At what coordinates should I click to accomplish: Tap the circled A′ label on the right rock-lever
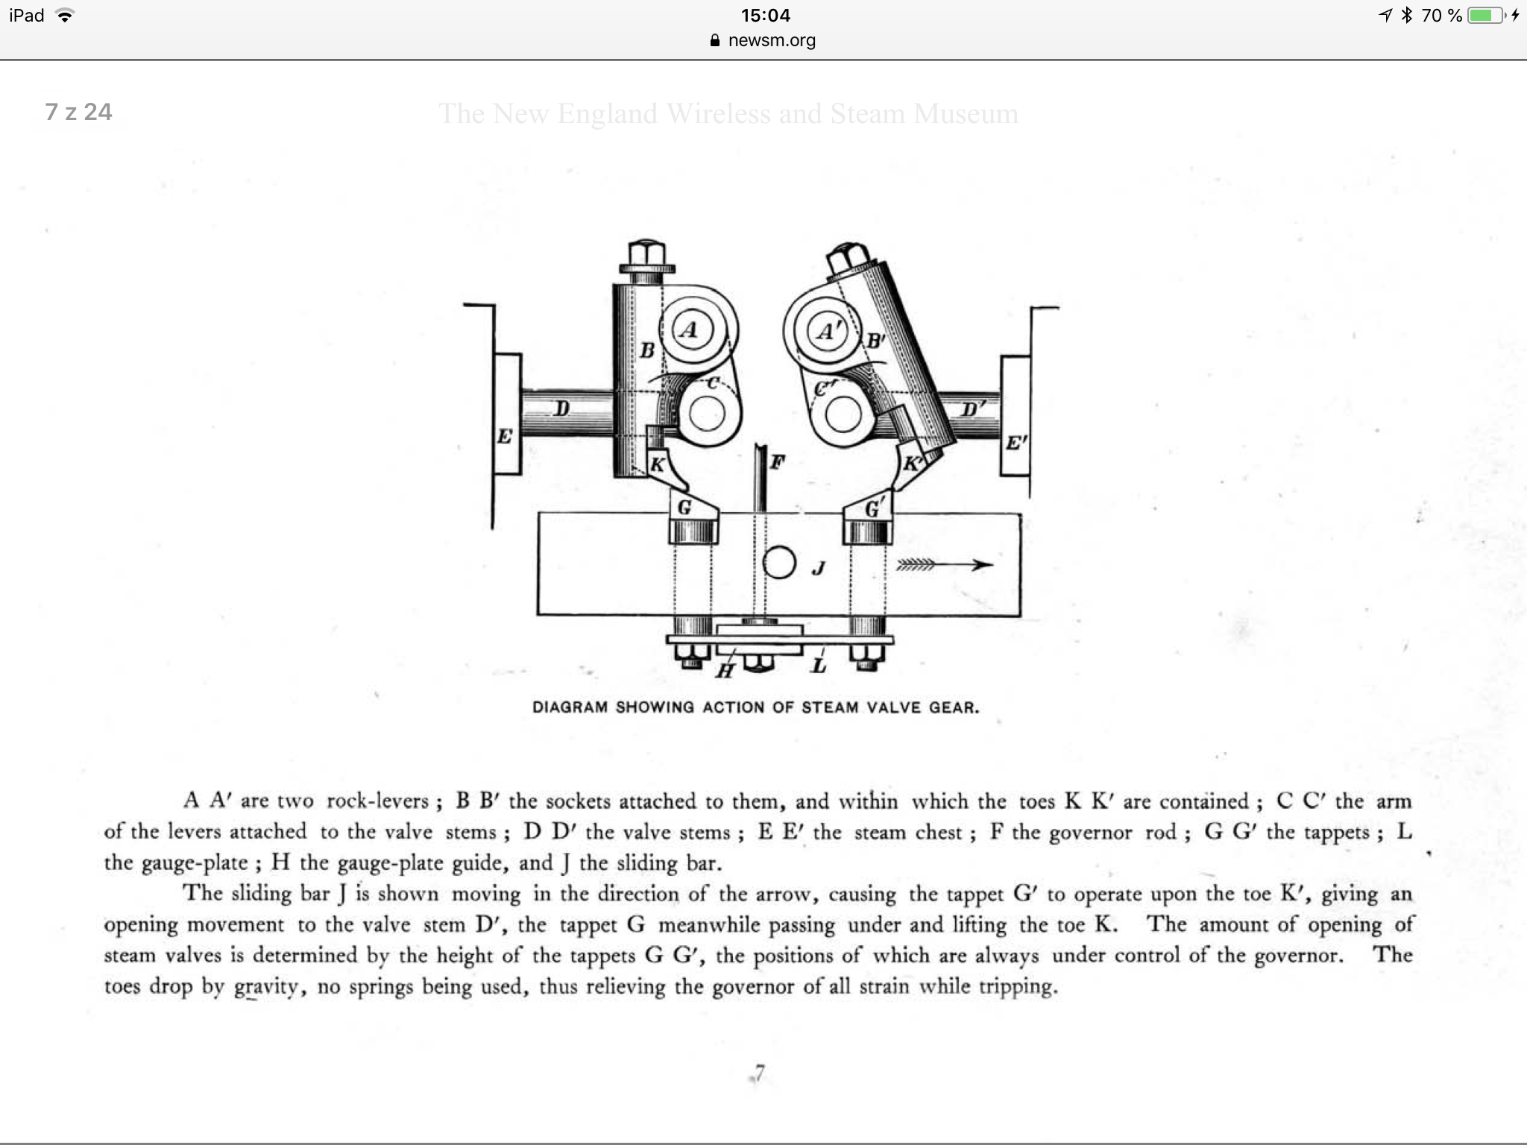pyautogui.click(x=826, y=331)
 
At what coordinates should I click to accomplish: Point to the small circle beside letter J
pyautogui.click(x=779, y=563)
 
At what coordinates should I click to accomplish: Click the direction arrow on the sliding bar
pyautogui.click(x=945, y=565)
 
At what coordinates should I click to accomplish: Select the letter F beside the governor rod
pyautogui.click(x=777, y=462)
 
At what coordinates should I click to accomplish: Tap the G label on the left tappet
pyautogui.click(x=684, y=508)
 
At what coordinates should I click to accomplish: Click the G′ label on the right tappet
pyautogui.click(x=873, y=509)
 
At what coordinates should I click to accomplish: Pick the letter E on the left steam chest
pyautogui.click(x=505, y=436)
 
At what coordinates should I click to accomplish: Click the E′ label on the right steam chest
pyautogui.click(x=1014, y=443)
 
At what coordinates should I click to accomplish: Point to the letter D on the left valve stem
pyautogui.click(x=562, y=408)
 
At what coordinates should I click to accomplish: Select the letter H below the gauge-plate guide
pyautogui.click(x=724, y=671)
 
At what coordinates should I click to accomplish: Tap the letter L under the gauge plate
pyautogui.click(x=819, y=665)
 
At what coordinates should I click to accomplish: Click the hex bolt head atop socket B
pyautogui.click(x=646, y=253)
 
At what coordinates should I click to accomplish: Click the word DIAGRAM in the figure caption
pyautogui.click(x=570, y=707)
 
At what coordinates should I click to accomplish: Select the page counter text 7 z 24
pyautogui.click(x=78, y=112)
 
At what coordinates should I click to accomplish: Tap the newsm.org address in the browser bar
pyautogui.click(x=771, y=40)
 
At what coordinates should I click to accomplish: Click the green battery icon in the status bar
pyautogui.click(x=1485, y=15)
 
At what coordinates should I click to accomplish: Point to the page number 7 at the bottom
pyautogui.click(x=759, y=1073)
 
